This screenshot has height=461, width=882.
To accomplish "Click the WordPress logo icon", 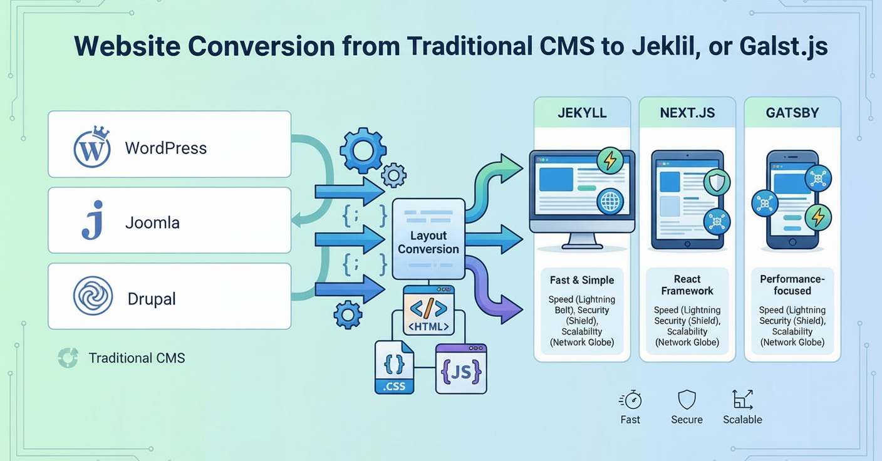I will pyautogui.click(x=91, y=148).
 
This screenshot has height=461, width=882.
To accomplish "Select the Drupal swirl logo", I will pyautogui.click(x=93, y=296).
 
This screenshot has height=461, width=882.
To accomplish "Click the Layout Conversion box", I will pyautogui.click(x=428, y=239).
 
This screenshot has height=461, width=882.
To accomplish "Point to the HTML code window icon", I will pyautogui.click(x=428, y=311).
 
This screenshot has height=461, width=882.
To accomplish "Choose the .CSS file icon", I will pyautogui.click(x=394, y=367).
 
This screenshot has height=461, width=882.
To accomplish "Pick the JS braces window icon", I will pyautogui.click(x=461, y=369).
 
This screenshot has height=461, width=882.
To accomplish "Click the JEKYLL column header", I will pyautogui.click(x=582, y=114).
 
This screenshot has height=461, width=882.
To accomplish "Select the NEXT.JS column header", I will pyautogui.click(x=687, y=114).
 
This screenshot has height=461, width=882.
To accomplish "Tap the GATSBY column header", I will pyautogui.click(x=792, y=114).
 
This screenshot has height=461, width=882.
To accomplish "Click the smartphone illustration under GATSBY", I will pyautogui.click(x=792, y=199).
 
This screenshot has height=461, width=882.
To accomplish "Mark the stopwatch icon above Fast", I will pyautogui.click(x=631, y=400).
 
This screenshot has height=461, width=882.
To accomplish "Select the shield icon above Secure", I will pyautogui.click(x=687, y=400).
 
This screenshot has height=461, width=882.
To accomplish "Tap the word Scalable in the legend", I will pyautogui.click(x=742, y=420).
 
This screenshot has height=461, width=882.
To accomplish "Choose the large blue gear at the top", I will pyautogui.click(x=363, y=150).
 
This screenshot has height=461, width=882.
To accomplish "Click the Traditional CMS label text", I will pyautogui.click(x=137, y=358).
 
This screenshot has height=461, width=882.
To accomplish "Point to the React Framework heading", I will pyautogui.click(x=687, y=285).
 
